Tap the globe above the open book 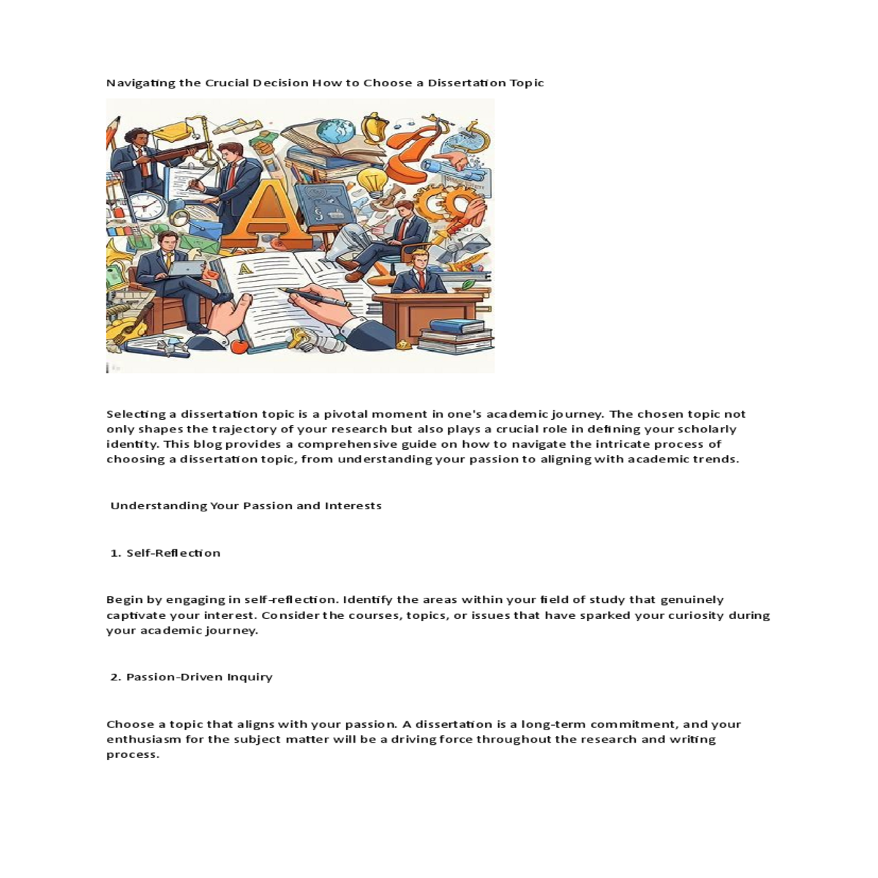tap(337, 132)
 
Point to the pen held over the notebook tap(315, 296)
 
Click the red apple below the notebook tap(239, 345)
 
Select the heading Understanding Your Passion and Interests tap(246, 506)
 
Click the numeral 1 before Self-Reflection tap(115, 553)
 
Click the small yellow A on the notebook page tap(246, 269)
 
